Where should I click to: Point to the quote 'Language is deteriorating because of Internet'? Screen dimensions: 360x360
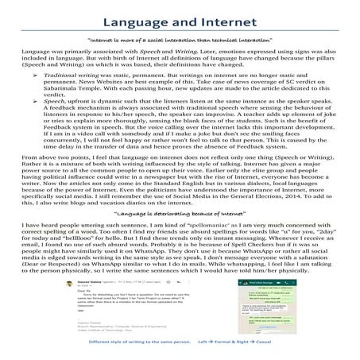(180, 214)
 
